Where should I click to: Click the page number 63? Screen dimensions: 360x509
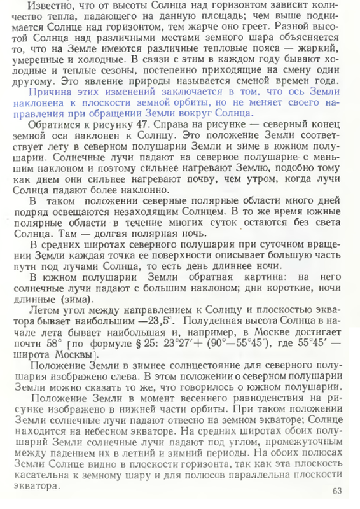337,491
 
